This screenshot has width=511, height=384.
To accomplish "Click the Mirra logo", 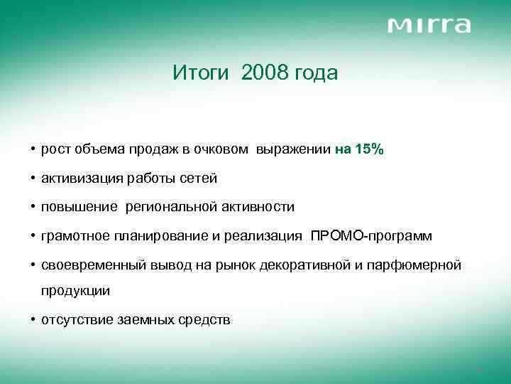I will (429, 26).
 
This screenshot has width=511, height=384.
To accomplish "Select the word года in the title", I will (318, 73).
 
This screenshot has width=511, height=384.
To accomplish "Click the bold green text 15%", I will (369, 149).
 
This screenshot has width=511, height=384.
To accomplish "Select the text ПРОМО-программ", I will (371, 236).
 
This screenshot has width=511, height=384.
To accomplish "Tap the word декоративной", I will (306, 265).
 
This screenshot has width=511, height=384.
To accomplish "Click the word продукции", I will (75, 292).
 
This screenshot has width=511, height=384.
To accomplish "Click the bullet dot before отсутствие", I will (33, 321).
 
